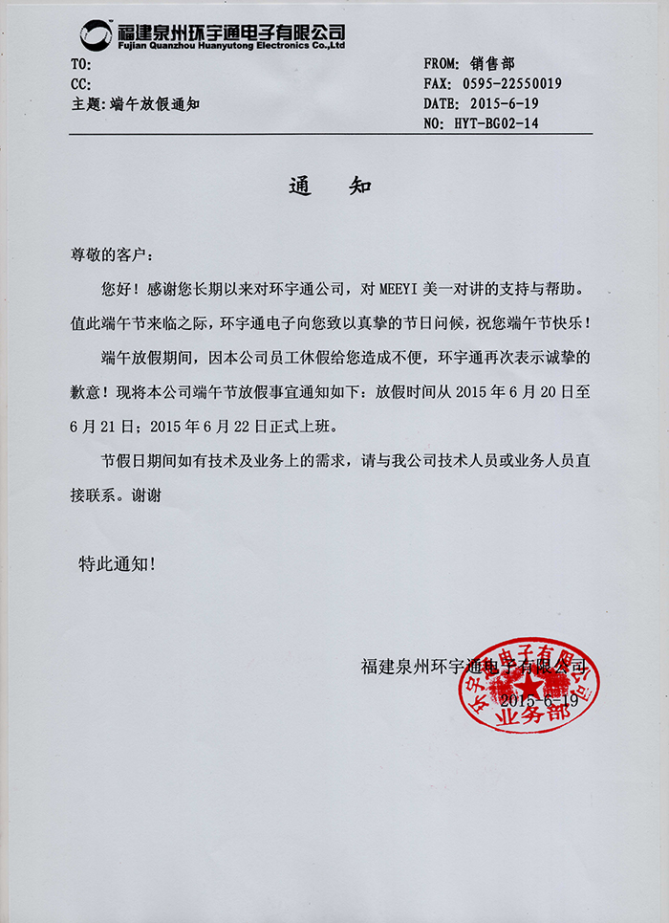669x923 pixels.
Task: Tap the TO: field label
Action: tap(81, 64)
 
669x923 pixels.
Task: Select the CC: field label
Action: tap(81, 84)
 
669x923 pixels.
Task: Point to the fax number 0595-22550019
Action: tap(512, 84)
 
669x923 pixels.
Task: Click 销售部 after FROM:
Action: tap(492, 64)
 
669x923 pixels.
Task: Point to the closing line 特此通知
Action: tap(116, 564)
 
